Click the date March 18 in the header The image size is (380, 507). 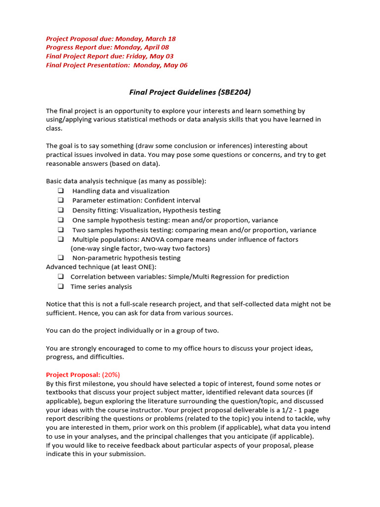click(x=162, y=39)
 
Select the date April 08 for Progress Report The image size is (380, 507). click(x=156, y=48)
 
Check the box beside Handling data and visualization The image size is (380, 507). click(x=60, y=191)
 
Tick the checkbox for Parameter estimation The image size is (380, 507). click(x=60, y=201)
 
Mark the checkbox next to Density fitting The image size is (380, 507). click(x=60, y=210)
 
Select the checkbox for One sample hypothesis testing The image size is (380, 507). click(x=60, y=220)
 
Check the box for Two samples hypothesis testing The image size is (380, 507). click(x=60, y=230)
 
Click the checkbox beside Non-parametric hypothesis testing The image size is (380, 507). click(x=60, y=258)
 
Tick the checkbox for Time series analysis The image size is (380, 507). click(x=60, y=287)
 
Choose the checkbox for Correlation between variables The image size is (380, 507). click(x=60, y=277)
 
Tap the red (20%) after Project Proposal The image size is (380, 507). click(x=111, y=374)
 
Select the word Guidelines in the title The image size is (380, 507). click(x=190, y=92)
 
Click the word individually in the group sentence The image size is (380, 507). click(x=118, y=331)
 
